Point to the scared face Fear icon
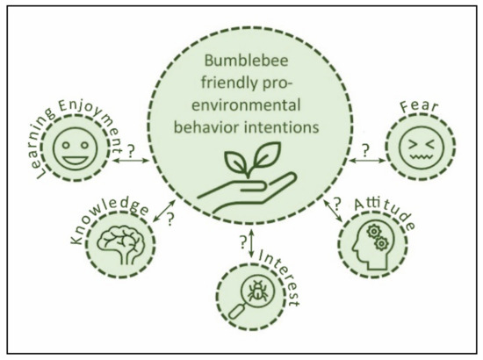click(410, 148)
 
